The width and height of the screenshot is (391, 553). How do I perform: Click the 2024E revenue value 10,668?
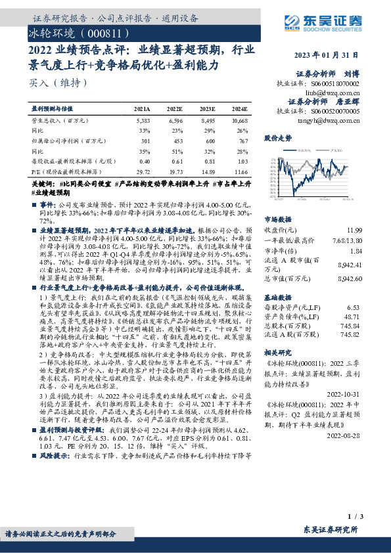click(239, 122)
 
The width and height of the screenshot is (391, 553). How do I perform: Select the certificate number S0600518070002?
click(335, 85)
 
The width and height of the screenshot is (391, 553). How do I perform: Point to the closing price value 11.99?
click(354, 231)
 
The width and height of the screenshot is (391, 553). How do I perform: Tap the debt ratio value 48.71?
click(354, 316)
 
